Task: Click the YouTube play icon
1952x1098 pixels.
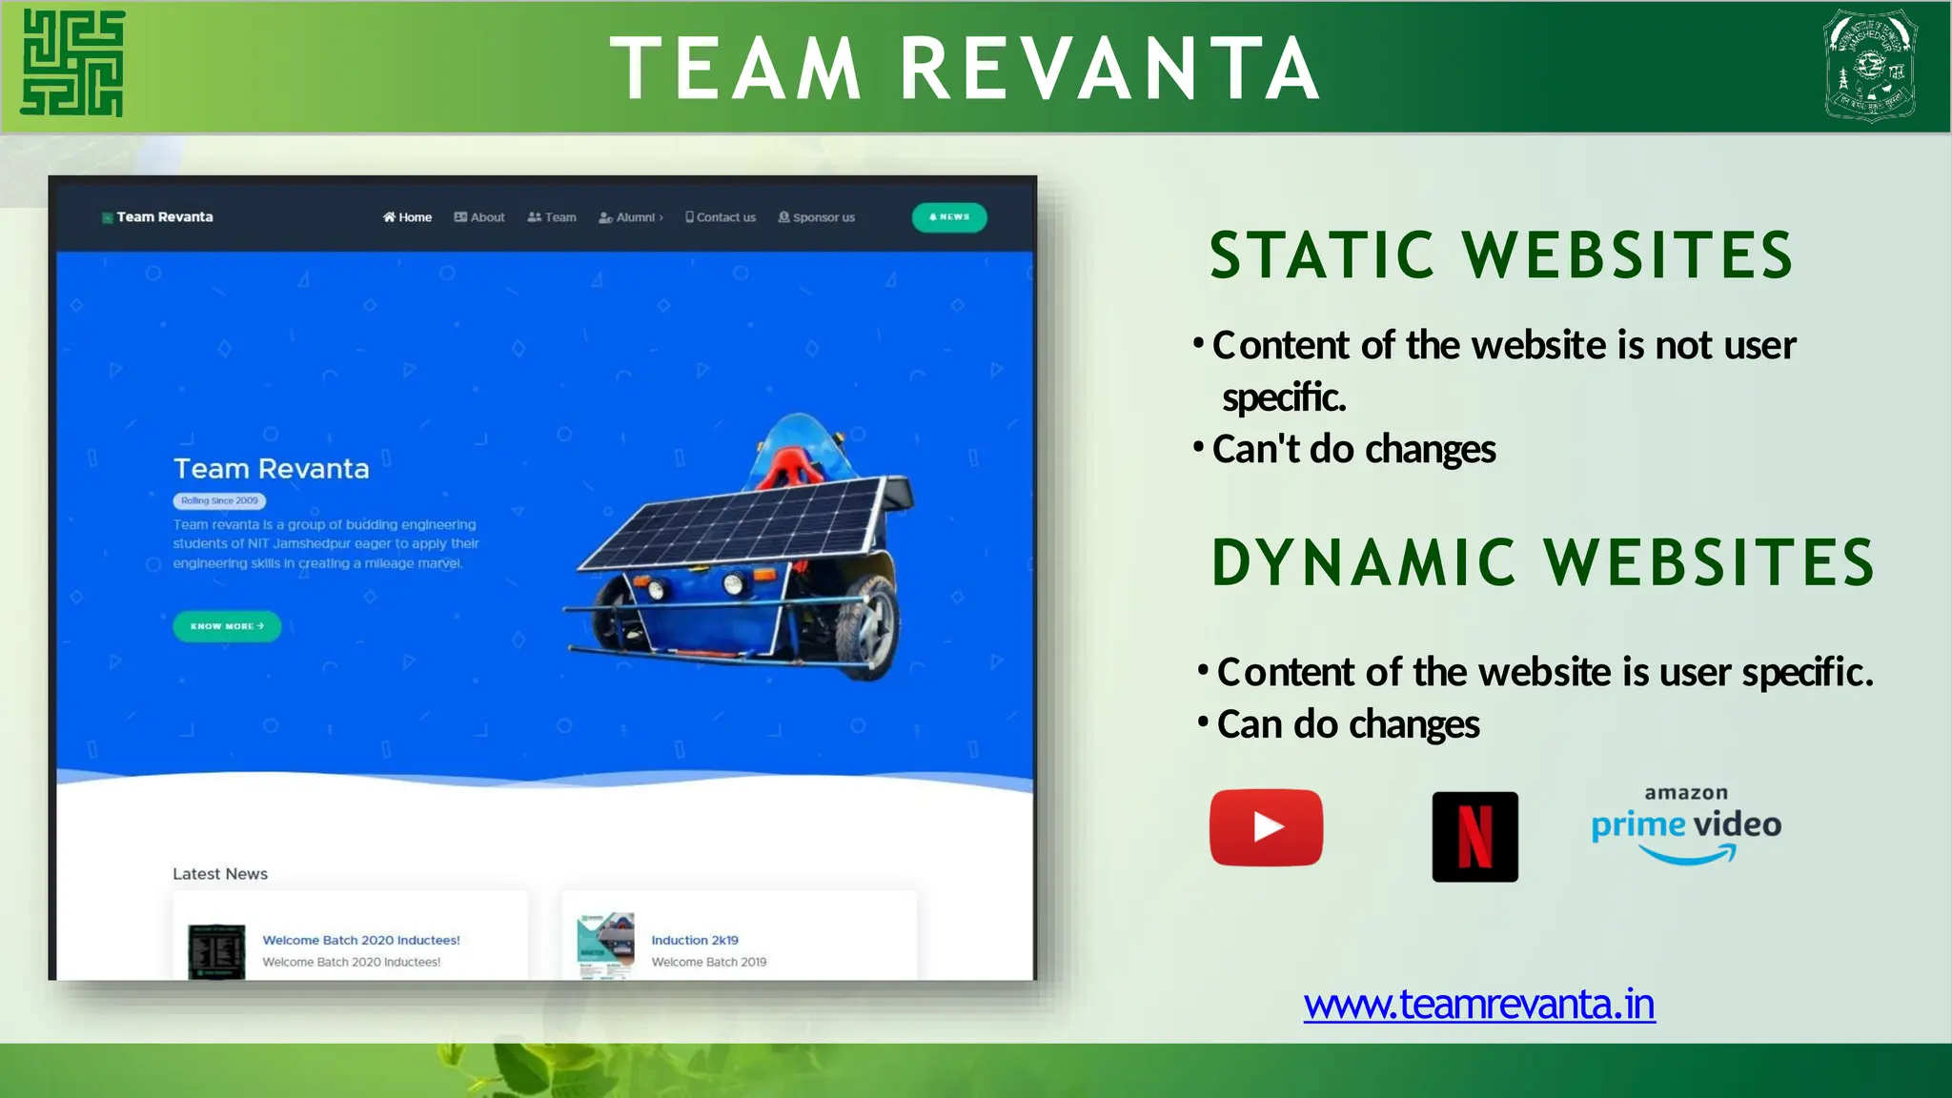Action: point(1266,827)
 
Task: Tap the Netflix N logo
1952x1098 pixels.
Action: point(1474,837)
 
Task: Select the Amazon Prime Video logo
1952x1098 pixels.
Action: point(1686,825)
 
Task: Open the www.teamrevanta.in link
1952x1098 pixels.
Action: point(1479,1005)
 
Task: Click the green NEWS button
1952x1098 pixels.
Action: point(949,217)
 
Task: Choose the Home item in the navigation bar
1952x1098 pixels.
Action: point(408,217)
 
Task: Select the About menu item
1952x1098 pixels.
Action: point(480,217)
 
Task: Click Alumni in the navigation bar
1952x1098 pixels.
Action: point(631,217)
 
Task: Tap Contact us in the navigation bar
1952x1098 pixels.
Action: point(721,217)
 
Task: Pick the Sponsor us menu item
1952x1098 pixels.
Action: point(817,217)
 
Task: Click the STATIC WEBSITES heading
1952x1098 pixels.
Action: point(1501,255)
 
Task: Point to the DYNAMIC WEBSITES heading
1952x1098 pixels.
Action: point(1542,562)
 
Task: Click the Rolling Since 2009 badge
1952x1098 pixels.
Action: point(219,500)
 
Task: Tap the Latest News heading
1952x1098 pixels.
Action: point(220,874)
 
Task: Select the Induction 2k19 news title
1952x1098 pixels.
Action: point(695,940)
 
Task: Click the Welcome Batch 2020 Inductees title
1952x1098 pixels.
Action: point(361,940)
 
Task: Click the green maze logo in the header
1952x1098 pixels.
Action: point(73,64)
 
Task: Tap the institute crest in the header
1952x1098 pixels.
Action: point(1870,65)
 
